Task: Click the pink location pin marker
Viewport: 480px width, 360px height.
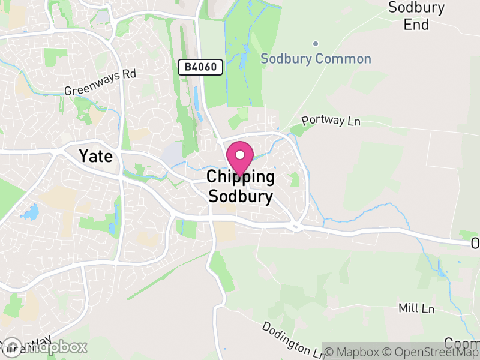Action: point(239,159)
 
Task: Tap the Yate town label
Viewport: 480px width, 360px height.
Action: point(95,156)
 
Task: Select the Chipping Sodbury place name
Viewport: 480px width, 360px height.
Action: point(241,186)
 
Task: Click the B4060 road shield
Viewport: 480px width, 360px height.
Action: point(200,67)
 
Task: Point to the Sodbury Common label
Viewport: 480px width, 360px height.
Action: point(316,59)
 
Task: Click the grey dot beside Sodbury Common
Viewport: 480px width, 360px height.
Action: point(316,44)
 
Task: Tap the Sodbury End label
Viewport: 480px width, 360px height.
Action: point(416,16)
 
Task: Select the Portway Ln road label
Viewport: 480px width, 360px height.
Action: point(331,121)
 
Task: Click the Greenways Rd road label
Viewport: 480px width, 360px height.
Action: point(101,83)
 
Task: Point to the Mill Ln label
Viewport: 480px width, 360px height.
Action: point(416,308)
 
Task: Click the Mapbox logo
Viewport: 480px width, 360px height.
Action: point(45,347)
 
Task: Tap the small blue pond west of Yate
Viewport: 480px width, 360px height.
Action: point(29,212)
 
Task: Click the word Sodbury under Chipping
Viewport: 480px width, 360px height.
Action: point(241,196)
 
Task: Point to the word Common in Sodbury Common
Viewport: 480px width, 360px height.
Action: point(344,59)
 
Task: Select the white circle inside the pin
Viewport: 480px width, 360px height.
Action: point(239,155)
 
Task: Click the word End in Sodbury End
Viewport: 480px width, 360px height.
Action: point(416,25)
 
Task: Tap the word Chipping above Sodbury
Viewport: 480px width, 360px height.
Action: point(241,177)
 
